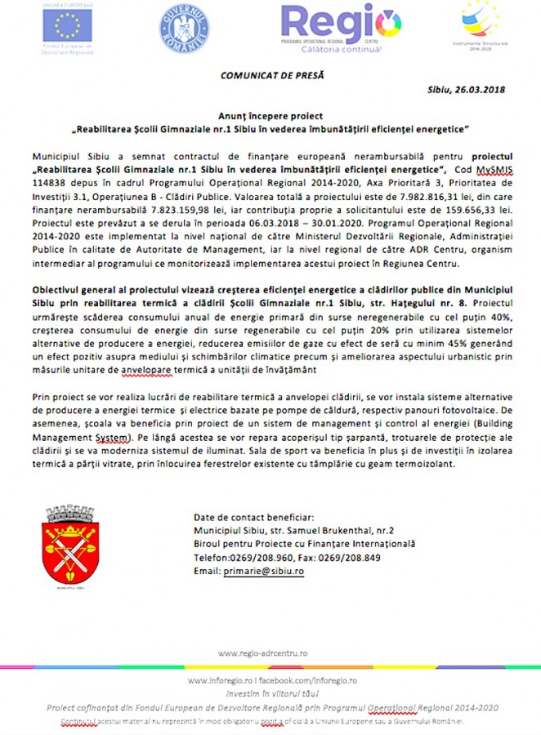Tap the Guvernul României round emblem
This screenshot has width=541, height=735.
(x=185, y=26)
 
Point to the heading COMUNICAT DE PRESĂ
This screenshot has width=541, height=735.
(x=272, y=75)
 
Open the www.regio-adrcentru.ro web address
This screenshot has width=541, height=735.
(x=262, y=653)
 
